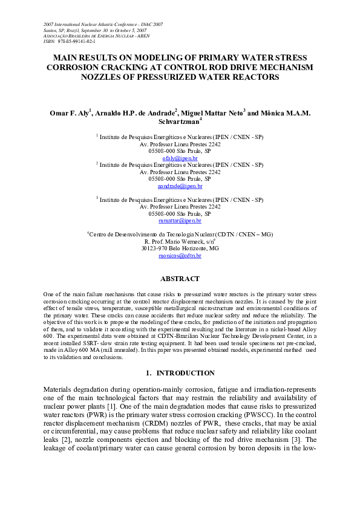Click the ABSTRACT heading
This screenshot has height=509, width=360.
click(179, 279)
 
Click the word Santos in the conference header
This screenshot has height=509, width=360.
click(51, 30)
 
